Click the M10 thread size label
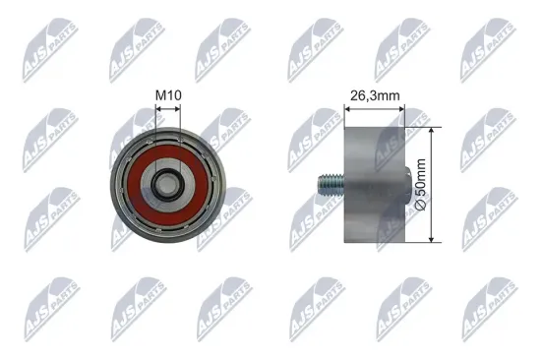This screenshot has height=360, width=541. coord(168,94)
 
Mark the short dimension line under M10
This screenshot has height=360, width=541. coord(169,108)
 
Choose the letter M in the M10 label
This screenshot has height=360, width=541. coord(159,94)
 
